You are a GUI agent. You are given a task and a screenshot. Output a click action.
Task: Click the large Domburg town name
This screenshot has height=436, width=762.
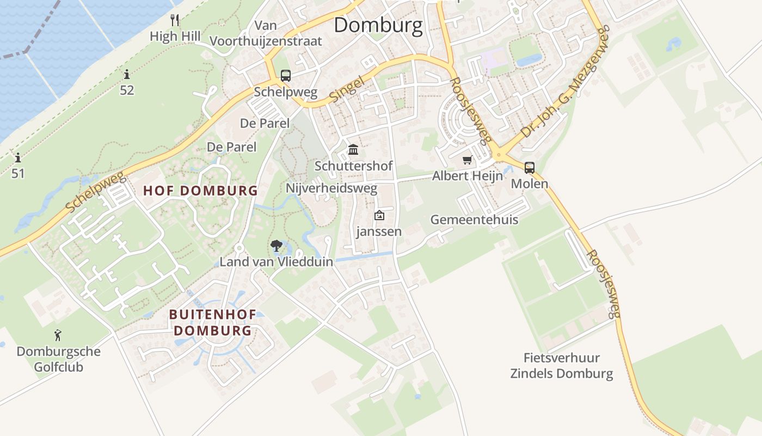click(378, 25)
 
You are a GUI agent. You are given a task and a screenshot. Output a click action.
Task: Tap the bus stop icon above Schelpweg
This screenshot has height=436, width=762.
click(286, 76)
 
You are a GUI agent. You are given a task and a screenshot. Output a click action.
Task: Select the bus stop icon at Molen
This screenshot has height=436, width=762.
click(529, 168)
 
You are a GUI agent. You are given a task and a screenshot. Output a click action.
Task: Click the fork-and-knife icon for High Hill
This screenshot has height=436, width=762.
click(175, 20)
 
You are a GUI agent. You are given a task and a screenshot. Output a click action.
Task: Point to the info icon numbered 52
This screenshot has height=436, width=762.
click(127, 74)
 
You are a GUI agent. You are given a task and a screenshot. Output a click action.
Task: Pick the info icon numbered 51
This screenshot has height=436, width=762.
click(18, 158)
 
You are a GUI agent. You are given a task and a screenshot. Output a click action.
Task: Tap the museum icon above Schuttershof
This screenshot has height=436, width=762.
click(353, 149)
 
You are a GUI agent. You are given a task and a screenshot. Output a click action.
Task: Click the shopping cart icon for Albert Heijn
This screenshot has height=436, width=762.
click(467, 160)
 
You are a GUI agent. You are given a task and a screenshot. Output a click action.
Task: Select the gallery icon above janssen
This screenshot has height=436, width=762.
click(379, 216)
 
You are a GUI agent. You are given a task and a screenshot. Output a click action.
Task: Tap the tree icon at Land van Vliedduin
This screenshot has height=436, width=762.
click(276, 246)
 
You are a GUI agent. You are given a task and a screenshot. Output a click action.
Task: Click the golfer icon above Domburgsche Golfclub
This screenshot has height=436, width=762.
click(58, 335)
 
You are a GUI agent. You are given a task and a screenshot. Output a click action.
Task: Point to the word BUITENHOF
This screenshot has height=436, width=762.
click(210, 314)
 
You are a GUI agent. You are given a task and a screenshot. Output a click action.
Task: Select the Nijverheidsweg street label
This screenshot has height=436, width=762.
click(331, 189)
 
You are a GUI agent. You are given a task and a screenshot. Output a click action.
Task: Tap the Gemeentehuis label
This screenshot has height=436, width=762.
click(474, 220)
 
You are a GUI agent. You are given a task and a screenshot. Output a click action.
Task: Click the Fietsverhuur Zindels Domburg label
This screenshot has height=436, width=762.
click(561, 366)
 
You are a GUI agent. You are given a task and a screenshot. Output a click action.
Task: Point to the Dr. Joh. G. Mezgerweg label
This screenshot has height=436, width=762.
click(566, 82)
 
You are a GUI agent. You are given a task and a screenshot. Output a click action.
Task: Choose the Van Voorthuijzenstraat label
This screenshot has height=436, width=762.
click(266, 33)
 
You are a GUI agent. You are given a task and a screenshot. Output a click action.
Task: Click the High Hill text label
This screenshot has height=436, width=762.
click(175, 37)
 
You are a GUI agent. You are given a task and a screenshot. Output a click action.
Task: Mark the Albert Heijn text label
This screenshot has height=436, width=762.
click(467, 176)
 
